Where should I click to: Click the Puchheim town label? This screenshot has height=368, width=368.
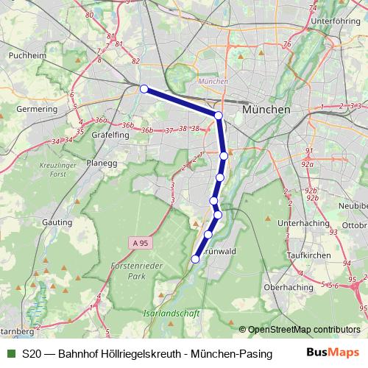click(22, 55)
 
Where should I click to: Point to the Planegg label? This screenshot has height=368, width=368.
click(102, 163)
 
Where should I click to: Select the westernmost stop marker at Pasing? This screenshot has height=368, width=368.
click(144, 89)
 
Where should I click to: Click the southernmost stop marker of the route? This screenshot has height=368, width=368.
click(195, 258)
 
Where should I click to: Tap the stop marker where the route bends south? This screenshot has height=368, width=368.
click(219, 116)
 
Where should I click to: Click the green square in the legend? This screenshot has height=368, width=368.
click(10, 354)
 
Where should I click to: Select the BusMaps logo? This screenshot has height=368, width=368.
click(333, 353)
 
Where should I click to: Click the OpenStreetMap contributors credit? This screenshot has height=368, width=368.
click(304, 329)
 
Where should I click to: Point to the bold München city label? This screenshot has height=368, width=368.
click(266, 109)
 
